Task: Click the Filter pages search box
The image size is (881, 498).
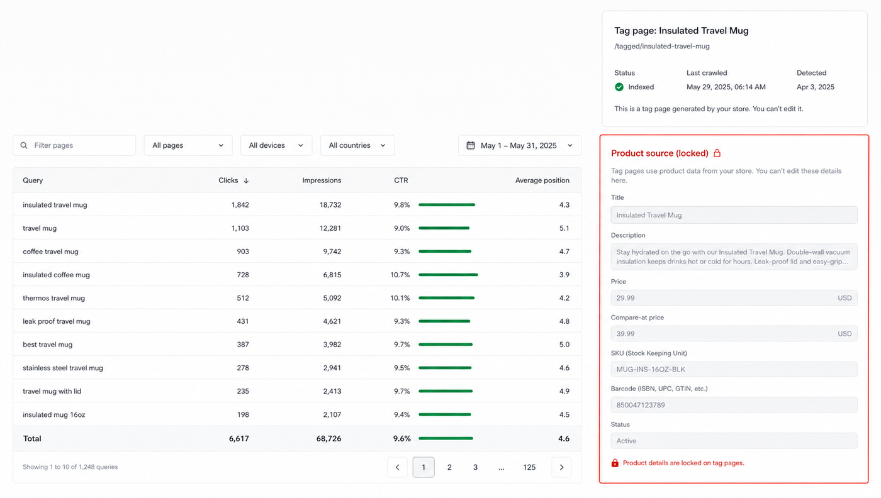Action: click(74, 145)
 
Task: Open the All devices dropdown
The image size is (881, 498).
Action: click(276, 145)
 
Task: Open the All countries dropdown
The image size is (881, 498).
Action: click(357, 145)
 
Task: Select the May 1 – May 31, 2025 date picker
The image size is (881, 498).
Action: click(520, 145)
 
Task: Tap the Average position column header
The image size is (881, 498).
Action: click(542, 180)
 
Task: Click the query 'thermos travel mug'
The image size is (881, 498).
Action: click(54, 298)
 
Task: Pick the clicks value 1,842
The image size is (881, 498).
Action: click(240, 205)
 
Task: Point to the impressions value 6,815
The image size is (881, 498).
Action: click(332, 275)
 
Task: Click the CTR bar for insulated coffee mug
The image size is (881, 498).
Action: click(448, 275)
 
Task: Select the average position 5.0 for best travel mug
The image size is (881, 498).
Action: click(564, 345)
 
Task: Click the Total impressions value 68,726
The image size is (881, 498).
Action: click(328, 439)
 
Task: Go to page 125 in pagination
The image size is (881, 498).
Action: click(529, 467)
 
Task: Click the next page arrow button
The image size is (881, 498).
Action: click(561, 467)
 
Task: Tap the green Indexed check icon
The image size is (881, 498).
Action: click(619, 87)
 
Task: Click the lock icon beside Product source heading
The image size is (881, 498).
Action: click(717, 153)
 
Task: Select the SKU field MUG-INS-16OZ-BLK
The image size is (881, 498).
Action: click(734, 370)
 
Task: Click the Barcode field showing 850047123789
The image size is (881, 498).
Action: click(734, 405)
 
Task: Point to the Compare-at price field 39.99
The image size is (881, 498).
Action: click(734, 334)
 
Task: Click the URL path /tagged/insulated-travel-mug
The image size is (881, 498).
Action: click(662, 47)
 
